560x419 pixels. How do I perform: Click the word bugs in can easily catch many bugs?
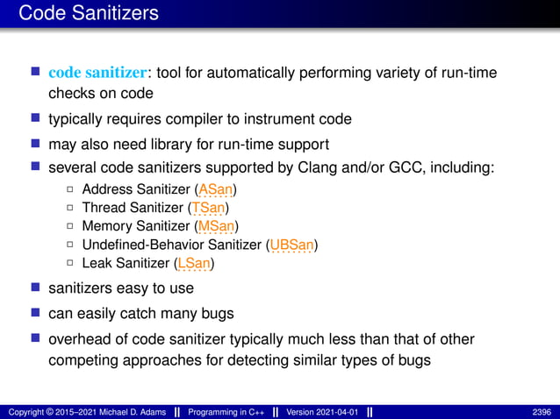217,313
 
